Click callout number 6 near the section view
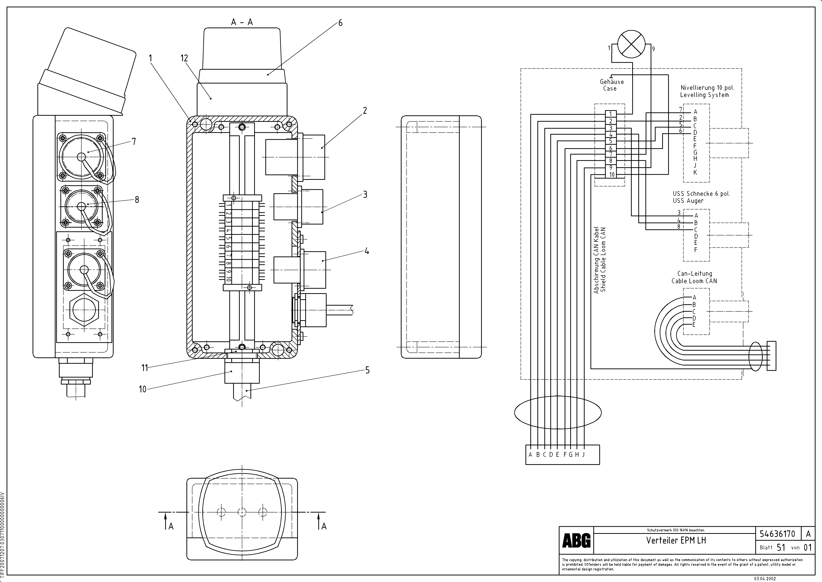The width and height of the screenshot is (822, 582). tap(340, 23)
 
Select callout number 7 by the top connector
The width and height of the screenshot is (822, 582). tap(134, 142)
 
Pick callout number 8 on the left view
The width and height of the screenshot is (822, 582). tap(137, 200)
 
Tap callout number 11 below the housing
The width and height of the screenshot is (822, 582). tap(145, 368)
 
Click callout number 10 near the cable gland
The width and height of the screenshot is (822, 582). tap(143, 389)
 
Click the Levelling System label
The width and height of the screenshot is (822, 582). tap(704, 95)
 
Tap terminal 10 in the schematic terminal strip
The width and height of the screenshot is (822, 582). tap(612, 175)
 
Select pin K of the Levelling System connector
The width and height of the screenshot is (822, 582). tap(695, 172)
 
